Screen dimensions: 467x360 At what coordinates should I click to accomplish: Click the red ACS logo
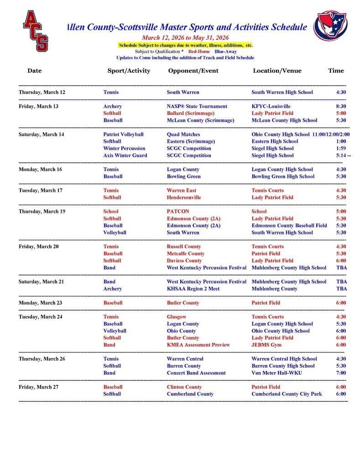pos(36,31)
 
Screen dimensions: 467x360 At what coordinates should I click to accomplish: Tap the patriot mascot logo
pos(330,26)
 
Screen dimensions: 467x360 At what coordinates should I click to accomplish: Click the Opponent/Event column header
pos(193,71)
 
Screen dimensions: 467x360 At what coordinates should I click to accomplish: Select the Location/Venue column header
pos(277,71)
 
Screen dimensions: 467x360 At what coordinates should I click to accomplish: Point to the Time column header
pos(336,71)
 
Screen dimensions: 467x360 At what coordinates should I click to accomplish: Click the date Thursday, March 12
pos(42,92)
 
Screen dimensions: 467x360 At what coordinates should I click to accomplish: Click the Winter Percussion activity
pos(124,148)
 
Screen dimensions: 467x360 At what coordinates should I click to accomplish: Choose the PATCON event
pos(178,212)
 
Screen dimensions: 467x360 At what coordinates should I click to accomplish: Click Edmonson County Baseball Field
pos(289,225)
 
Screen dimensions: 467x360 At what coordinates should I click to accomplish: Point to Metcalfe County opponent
pos(185,254)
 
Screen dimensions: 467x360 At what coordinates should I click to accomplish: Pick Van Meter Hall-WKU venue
pos(277,373)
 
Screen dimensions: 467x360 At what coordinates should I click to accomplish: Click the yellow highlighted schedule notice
pos(185,45)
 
